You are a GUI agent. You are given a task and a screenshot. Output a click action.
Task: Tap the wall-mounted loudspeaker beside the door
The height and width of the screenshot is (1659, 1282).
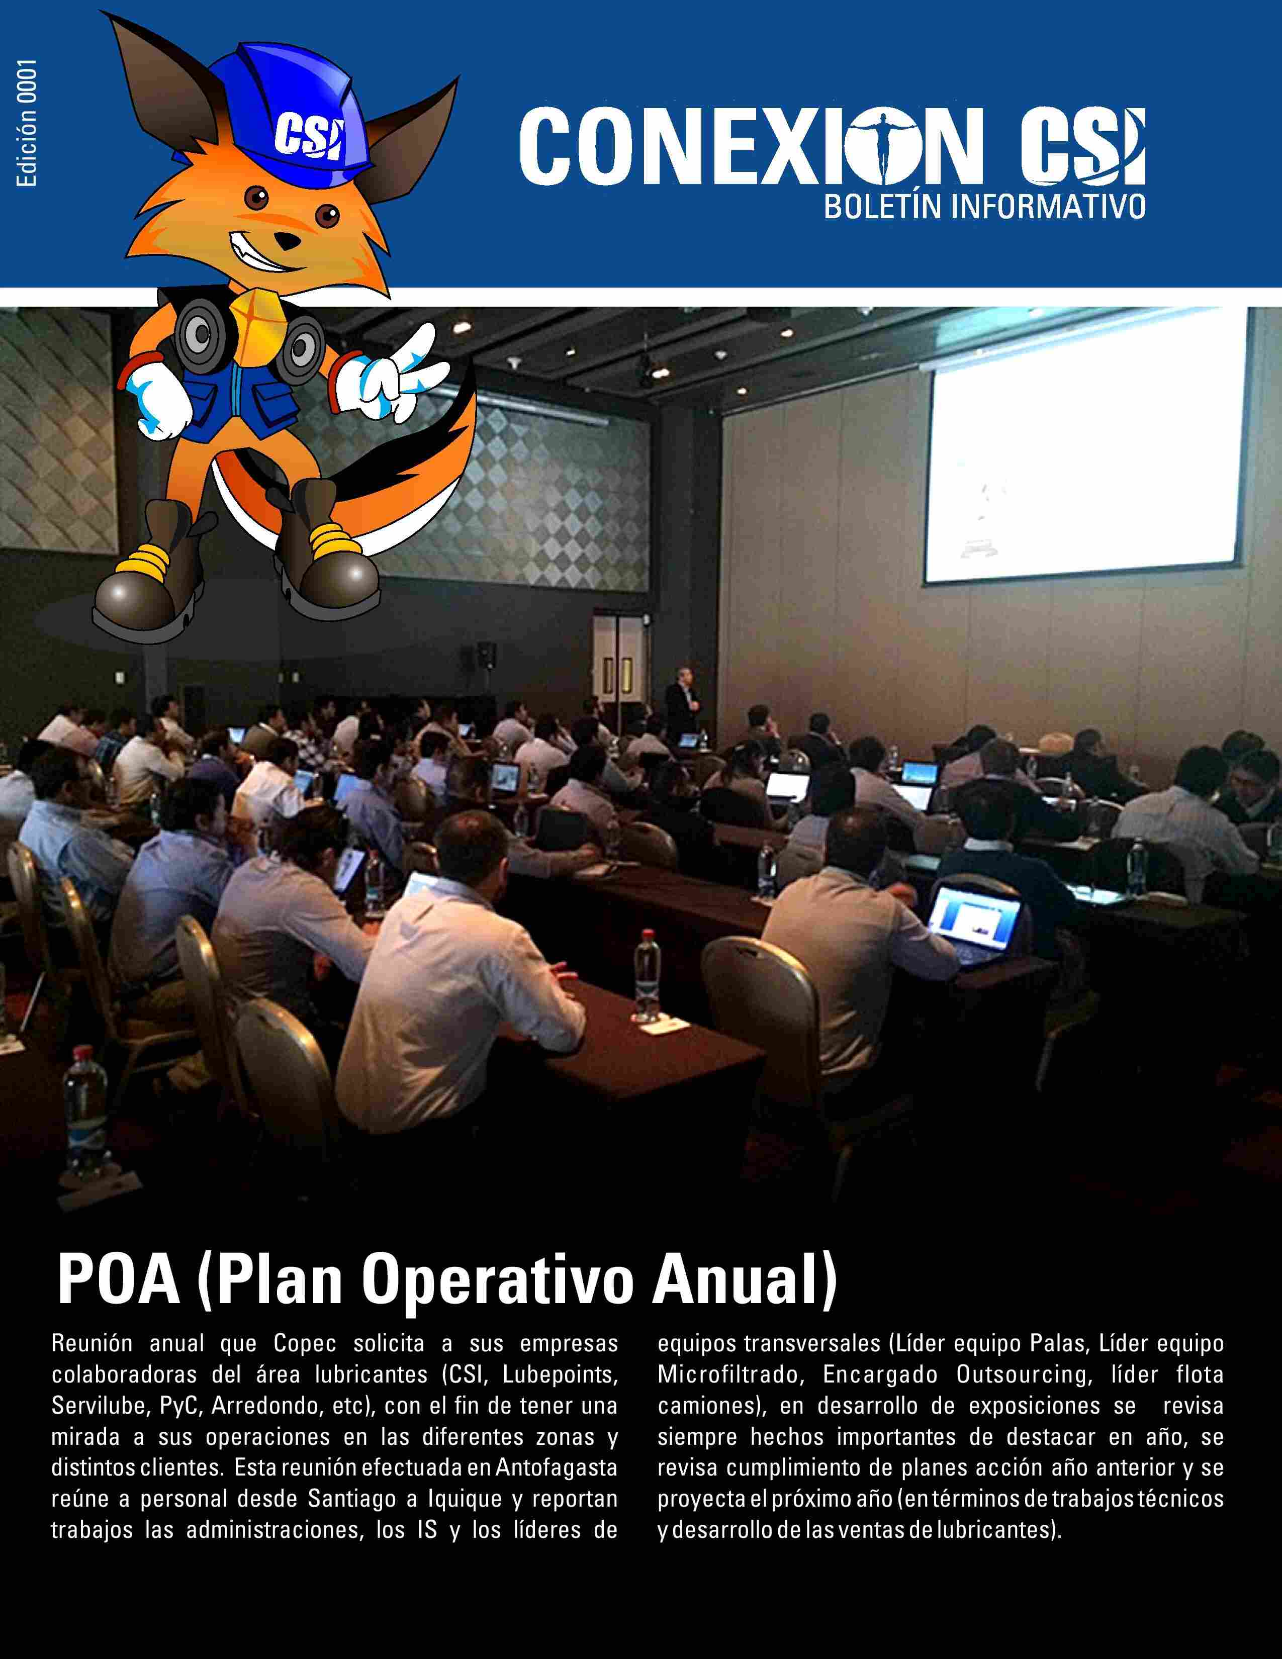coord(486,654)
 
